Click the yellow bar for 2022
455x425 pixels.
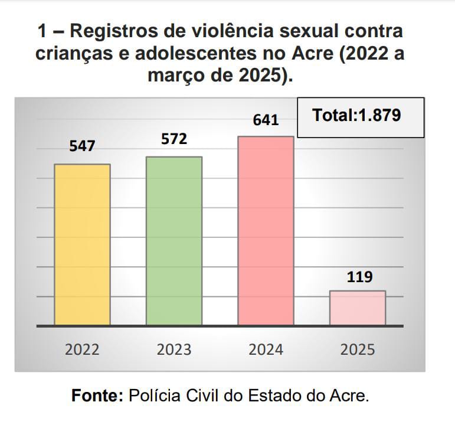click(82, 244)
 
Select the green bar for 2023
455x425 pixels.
click(174, 241)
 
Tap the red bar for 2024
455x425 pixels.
click(266, 231)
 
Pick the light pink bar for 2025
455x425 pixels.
click(357, 308)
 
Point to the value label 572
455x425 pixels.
click(174, 139)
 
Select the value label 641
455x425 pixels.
click(266, 120)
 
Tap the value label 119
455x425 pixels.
click(359, 276)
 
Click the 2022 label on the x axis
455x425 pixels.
click(82, 349)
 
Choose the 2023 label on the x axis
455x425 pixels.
click(174, 349)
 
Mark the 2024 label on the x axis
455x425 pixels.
click(266, 349)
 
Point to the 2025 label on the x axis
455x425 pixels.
click(358, 349)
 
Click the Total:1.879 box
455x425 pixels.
click(360, 117)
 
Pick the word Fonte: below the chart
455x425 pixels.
click(97, 395)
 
